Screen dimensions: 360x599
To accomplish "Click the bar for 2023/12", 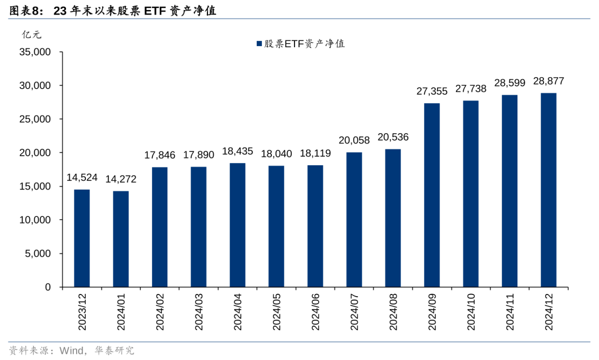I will (x=82, y=239).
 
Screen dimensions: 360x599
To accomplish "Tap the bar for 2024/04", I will (x=237, y=225).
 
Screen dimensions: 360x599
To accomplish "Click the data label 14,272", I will (x=121, y=179).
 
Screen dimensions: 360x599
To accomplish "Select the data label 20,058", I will (x=354, y=140).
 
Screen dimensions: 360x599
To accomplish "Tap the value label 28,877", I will (x=549, y=81).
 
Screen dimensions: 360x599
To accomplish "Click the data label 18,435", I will (x=237, y=151).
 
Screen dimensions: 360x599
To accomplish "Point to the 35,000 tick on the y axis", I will (x=35, y=52).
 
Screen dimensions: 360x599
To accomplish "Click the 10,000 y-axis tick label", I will (x=35, y=220).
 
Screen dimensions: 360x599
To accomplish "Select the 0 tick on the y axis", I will (x=48, y=287).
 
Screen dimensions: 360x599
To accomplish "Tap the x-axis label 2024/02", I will (x=160, y=312).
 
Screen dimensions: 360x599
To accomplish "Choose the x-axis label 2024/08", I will (x=393, y=312).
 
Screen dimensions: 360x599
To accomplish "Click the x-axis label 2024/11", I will (x=510, y=312).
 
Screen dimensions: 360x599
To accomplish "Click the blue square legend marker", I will (x=258, y=44).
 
